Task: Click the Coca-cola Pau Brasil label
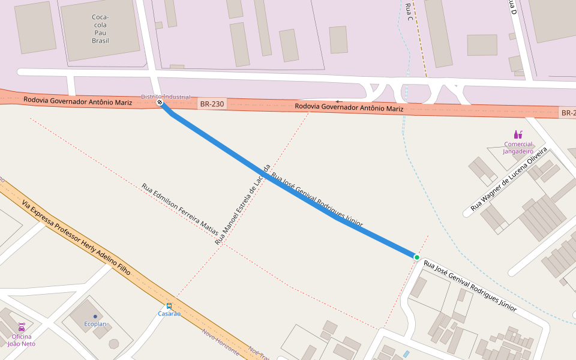100,29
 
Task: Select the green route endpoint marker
416,257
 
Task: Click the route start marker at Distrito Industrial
160,103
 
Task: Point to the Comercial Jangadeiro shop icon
518,134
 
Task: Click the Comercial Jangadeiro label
518,148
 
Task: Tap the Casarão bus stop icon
169,306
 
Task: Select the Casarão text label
169,313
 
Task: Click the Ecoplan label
95,324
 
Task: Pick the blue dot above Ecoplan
95,316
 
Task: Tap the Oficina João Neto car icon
22,327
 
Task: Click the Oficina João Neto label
22,340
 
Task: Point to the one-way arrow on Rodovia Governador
339,101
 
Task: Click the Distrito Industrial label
166,97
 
